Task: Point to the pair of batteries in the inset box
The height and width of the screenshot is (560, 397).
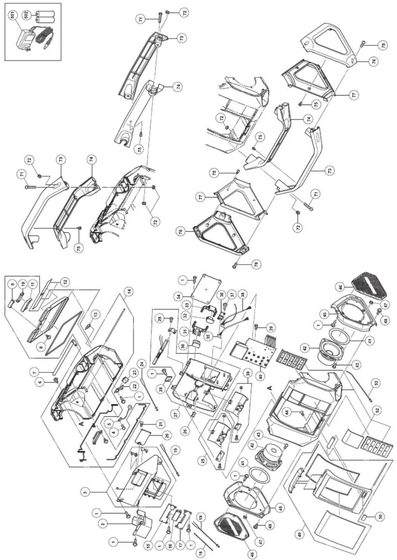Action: tap(45, 17)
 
